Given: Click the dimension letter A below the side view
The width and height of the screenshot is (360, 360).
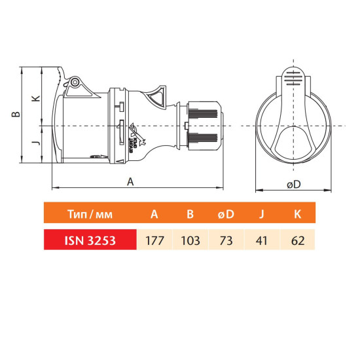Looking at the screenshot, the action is [130, 182].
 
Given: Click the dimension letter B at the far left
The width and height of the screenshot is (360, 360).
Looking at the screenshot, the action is [16, 114].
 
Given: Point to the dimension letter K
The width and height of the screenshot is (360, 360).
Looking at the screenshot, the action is [36, 98].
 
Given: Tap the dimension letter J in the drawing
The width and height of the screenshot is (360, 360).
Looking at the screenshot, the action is [36, 143].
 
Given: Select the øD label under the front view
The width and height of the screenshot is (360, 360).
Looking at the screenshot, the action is [294, 184].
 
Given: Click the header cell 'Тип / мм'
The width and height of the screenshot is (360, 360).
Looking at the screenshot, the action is [90, 214].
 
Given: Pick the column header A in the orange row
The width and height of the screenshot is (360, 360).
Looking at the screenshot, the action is [154, 214].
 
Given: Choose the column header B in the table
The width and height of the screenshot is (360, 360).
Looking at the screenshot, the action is [190, 214].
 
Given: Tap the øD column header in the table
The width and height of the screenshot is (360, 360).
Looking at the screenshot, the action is [226, 214].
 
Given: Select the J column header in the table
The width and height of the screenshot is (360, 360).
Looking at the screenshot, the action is [262, 214].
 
